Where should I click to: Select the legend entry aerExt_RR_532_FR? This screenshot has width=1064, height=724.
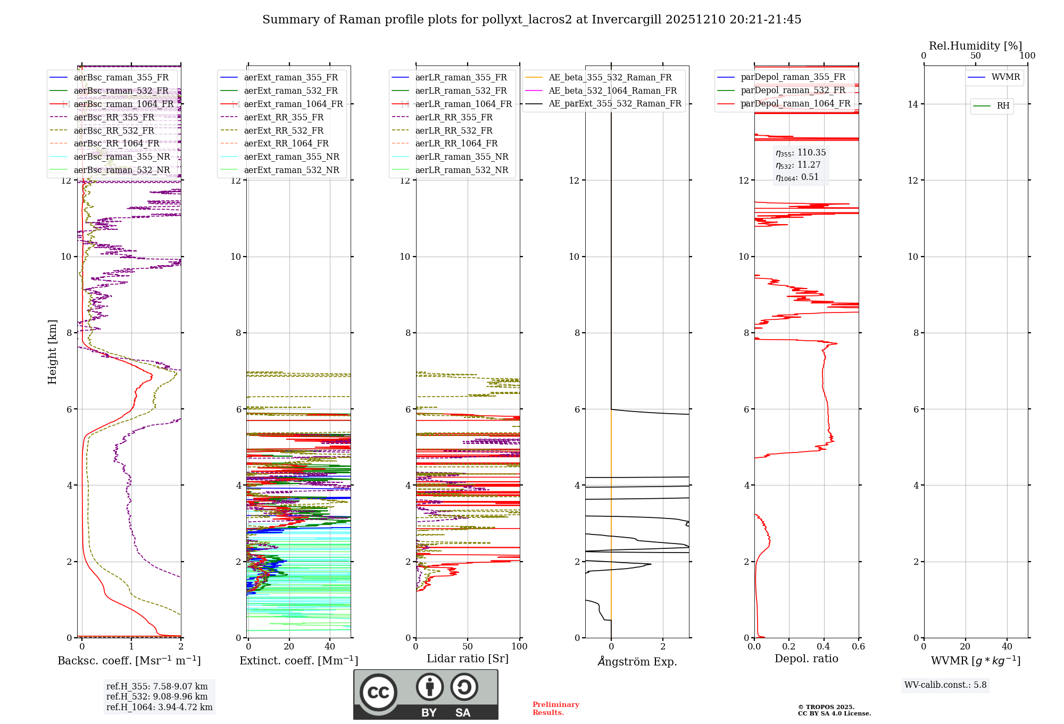284,130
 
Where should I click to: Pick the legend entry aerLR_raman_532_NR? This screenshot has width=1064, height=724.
461,170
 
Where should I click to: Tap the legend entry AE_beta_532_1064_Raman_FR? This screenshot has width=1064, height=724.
612,90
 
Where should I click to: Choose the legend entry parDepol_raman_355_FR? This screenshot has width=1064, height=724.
793,77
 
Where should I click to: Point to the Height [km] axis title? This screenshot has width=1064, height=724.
52,352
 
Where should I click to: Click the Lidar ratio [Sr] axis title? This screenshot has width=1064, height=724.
468,659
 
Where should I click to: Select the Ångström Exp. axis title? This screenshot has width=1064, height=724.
637,661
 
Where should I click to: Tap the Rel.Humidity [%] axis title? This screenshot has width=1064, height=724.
975,46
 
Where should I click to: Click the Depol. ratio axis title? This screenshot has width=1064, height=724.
806,659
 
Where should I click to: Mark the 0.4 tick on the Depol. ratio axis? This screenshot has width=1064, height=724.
824,646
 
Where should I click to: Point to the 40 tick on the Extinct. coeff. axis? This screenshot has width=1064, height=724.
330,646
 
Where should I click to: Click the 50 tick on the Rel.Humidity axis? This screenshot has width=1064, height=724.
975,56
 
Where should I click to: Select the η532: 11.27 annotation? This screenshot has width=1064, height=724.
798,165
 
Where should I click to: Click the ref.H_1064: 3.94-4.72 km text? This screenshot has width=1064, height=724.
159,707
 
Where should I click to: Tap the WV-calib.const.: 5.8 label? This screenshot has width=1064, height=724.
945,685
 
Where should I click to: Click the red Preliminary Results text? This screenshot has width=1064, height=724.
555,709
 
